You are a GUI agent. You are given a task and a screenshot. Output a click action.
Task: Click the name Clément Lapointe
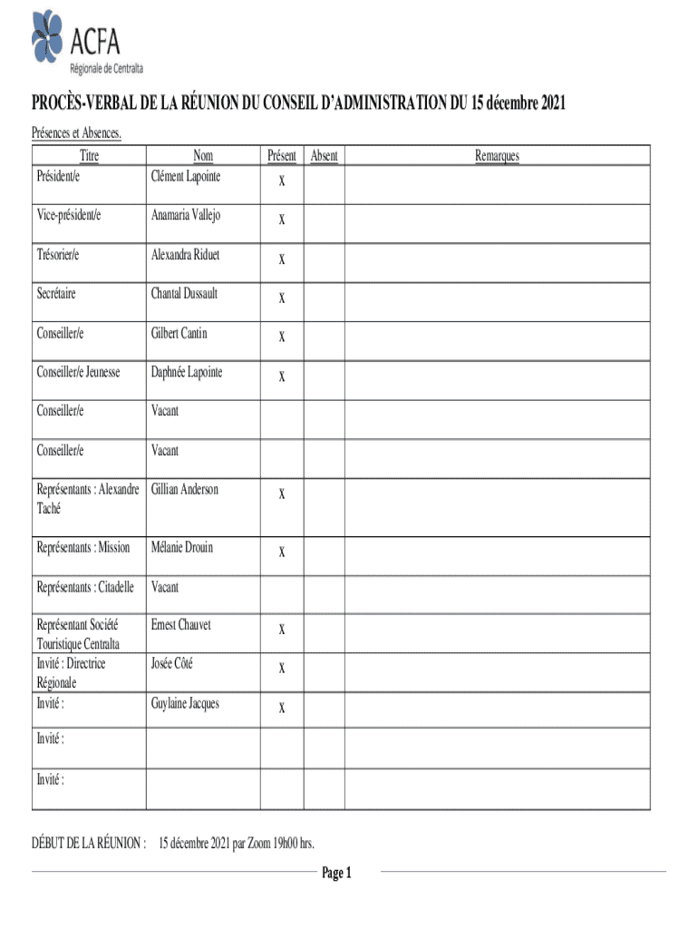185,176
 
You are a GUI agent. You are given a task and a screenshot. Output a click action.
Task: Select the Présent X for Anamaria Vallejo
282,220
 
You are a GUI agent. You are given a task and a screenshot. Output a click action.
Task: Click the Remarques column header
497,156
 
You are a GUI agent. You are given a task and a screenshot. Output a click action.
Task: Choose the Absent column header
324,156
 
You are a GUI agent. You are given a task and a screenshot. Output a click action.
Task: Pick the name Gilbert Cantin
179,333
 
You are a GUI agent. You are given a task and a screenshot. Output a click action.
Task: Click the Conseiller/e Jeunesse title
78,372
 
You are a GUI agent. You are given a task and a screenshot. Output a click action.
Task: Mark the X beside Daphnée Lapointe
282,376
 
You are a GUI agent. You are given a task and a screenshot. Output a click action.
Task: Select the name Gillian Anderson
185,489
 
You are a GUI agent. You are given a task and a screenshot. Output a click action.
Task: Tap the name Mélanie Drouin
182,547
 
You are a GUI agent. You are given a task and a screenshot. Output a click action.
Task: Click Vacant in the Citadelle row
165,587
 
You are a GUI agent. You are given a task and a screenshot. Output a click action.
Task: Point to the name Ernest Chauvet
181,625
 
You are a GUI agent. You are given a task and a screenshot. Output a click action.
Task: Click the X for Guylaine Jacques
282,708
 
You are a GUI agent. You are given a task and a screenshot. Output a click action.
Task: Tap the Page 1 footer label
336,873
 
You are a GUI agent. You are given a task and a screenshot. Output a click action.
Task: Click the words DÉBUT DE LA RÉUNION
89,843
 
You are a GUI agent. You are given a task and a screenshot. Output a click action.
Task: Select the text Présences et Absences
77,134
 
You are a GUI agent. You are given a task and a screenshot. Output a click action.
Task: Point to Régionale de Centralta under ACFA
107,68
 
